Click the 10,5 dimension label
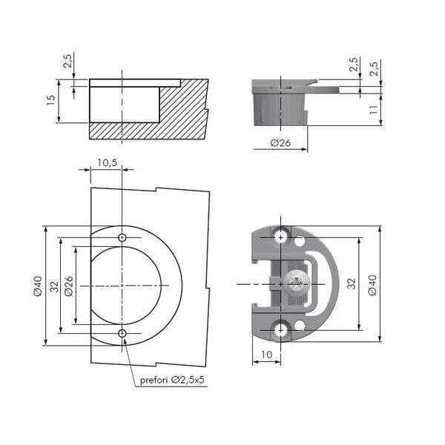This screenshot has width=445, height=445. [x=107, y=163]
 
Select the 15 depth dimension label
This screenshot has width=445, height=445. [x=51, y=100]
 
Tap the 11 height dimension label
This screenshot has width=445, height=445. [x=374, y=110]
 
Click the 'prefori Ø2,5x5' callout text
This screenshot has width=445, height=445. [x=172, y=380]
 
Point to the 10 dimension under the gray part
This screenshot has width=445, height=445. [x=266, y=355]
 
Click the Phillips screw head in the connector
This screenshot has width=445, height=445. [x=296, y=284]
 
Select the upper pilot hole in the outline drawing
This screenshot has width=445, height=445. [x=122, y=237]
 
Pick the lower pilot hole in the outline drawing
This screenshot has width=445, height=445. [x=122, y=333]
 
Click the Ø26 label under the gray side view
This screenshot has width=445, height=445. [x=280, y=142]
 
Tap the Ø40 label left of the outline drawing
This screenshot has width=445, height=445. [x=38, y=286]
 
